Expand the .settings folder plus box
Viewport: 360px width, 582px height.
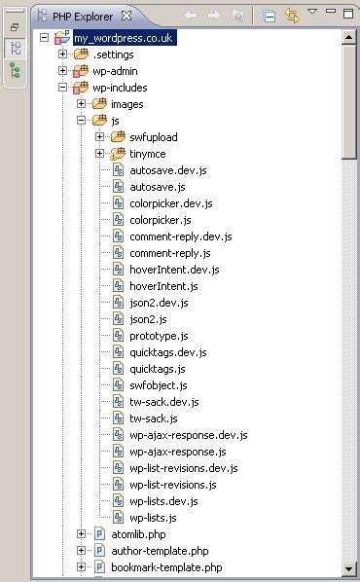(x=63, y=54)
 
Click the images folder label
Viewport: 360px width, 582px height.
(x=126, y=103)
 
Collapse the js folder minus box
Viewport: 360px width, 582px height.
(x=82, y=121)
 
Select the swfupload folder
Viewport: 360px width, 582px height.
(x=153, y=137)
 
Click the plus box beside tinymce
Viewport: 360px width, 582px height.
(x=99, y=154)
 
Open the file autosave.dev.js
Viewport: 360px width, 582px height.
(x=168, y=170)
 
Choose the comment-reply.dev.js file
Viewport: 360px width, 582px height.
(x=181, y=236)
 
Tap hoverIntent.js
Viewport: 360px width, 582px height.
(x=163, y=286)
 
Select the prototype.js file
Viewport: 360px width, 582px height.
(x=159, y=336)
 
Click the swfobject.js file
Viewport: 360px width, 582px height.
(x=158, y=385)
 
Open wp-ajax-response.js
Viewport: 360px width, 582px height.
(x=177, y=452)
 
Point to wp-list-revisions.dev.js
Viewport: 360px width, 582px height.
(x=183, y=468)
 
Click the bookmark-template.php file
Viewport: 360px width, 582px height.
(x=165, y=567)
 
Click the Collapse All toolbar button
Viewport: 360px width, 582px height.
(x=270, y=17)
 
